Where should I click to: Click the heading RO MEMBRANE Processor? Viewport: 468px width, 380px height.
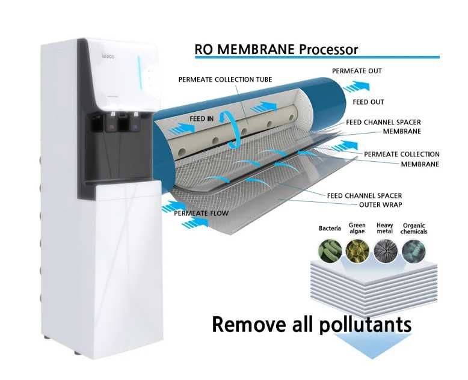(x=276, y=49)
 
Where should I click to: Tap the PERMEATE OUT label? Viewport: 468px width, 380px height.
(x=357, y=71)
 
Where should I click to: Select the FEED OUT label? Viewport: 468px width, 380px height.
(x=368, y=102)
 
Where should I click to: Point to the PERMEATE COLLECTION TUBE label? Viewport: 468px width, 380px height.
(x=226, y=79)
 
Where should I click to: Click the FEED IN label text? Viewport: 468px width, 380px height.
(x=202, y=118)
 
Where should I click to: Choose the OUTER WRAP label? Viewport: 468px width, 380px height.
(x=381, y=204)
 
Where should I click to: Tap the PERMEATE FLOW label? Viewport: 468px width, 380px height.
(x=201, y=213)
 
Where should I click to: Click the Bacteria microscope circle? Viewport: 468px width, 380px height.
(x=330, y=251)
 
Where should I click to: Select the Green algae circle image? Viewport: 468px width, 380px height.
(x=357, y=251)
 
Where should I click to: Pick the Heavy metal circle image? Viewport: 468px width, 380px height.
(x=386, y=251)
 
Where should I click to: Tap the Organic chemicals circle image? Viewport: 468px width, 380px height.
(x=414, y=251)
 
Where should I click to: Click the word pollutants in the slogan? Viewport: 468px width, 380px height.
(x=365, y=325)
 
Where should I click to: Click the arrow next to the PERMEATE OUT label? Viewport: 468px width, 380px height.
(x=357, y=87)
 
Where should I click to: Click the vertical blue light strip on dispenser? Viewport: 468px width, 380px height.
(x=139, y=73)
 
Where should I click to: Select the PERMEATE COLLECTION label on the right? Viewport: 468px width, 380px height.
(x=402, y=154)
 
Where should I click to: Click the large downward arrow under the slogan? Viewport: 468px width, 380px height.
(x=372, y=346)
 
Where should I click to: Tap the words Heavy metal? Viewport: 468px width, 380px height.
(x=385, y=228)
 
